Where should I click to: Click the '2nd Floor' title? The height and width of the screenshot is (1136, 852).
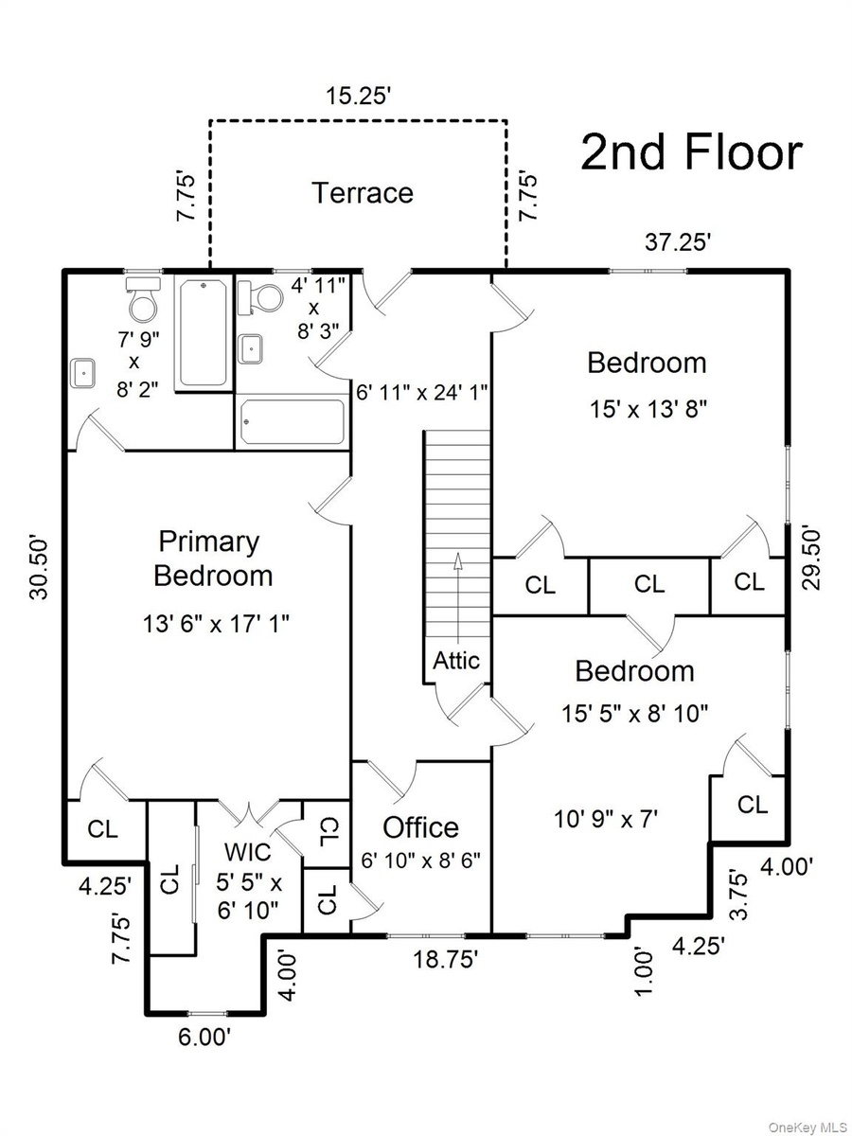coord(692,152)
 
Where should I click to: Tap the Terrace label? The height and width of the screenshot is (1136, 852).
coord(363,192)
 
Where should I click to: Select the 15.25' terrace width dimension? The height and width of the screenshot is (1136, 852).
coord(358,96)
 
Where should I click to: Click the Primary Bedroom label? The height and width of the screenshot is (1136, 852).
coord(213,559)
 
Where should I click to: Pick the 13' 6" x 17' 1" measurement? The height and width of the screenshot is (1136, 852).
coord(216,624)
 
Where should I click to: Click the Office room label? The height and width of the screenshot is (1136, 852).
coord(420,827)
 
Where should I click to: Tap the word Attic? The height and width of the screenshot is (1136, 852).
coord(456,661)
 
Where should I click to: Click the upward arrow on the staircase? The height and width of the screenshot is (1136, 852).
coord(457,598)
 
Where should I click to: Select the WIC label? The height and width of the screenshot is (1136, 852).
coord(248,852)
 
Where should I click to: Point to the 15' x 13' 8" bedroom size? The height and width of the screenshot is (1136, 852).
coord(648,410)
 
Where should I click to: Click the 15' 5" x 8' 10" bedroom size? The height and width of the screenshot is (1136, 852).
coord(634,714)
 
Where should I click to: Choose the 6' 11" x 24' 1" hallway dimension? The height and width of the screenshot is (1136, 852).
coord(422,392)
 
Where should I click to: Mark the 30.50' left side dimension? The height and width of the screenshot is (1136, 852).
coord(39,569)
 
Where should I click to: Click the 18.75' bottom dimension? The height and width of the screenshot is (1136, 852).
coord(445,960)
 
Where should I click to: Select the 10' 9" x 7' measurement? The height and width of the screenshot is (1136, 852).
coord(606,819)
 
